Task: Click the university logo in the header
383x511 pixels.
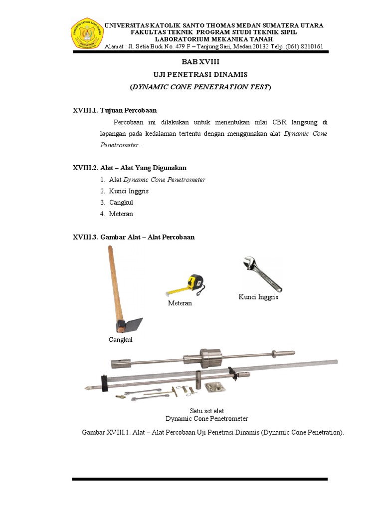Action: pyautogui.click(x=87, y=34)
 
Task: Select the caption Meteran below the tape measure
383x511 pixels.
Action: pyautogui.click(x=180, y=303)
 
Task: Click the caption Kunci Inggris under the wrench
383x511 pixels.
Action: pyautogui.click(x=258, y=297)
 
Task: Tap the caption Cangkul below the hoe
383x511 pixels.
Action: pyautogui.click(x=121, y=340)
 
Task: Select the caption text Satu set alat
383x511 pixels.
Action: pyautogui.click(x=206, y=411)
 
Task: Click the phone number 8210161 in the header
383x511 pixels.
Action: pyautogui.click(x=311, y=46)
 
